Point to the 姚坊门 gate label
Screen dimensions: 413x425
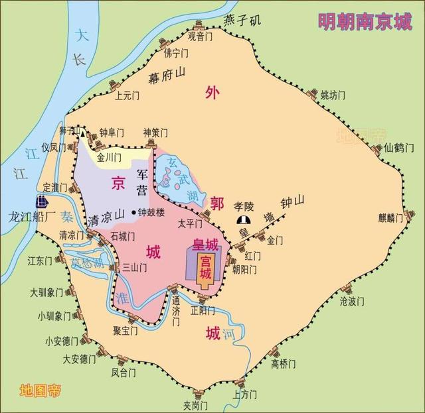point(333,95)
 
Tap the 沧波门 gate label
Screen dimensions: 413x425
point(352,302)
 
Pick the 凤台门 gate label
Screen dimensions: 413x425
point(124,373)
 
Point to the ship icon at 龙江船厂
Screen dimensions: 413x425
point(42,200)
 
